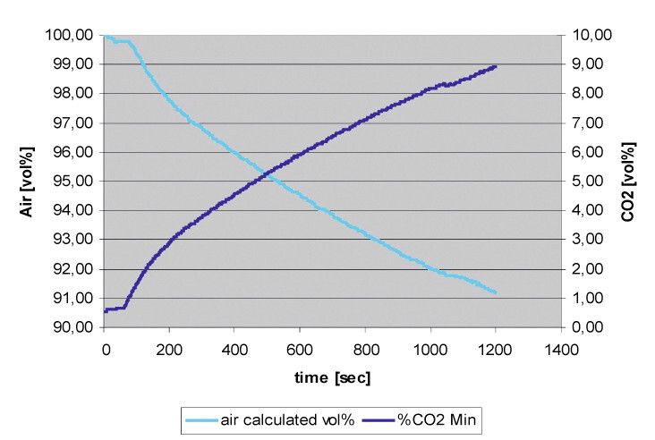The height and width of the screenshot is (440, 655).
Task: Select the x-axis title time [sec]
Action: (332, 377)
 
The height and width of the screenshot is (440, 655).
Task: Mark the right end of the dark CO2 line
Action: (495, 66)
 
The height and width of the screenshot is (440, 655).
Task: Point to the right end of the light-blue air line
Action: (495, 292)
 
